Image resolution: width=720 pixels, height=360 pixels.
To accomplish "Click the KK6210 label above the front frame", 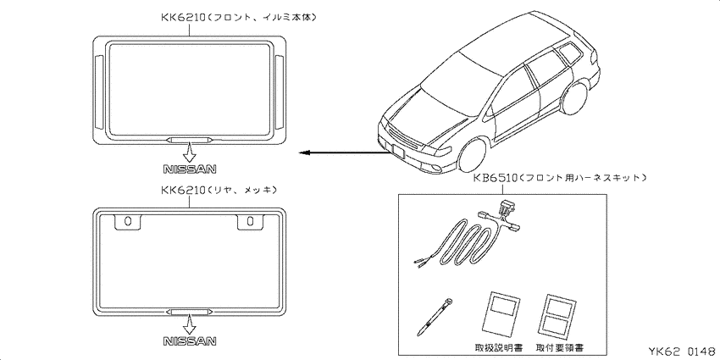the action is point(239,18).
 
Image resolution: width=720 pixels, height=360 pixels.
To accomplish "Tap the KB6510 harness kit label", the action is point(560,177).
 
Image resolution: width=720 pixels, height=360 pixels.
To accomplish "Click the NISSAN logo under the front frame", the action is point(190,169).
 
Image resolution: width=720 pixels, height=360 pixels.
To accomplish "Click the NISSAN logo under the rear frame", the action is point(190,341).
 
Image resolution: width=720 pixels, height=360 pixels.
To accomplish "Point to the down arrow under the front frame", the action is point(189,152).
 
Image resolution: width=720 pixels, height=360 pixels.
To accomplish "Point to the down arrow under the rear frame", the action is point(189,324).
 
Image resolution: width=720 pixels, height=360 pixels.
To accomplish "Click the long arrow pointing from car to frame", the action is point(345,153).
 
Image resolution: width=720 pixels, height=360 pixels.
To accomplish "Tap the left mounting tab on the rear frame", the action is point(128,221).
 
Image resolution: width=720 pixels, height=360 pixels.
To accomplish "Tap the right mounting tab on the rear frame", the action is point(251,221).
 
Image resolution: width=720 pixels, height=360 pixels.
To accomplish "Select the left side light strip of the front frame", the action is point(99,91).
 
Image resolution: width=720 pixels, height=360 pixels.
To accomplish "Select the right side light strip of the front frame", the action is point(280,91).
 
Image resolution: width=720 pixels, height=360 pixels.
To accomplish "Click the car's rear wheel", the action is point(574,97).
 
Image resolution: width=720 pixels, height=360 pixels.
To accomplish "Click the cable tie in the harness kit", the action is point(435,317).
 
